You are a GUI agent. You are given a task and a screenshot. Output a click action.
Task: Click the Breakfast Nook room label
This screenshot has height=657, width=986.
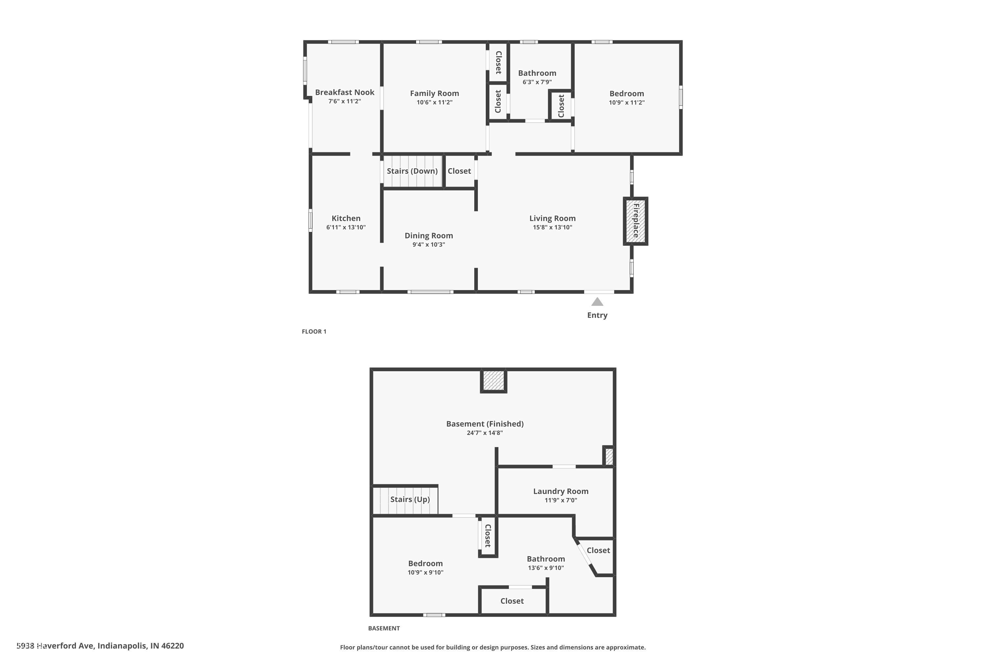coord(344,92)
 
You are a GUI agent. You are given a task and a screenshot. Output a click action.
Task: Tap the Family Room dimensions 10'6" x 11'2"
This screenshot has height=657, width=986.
coord(434,102)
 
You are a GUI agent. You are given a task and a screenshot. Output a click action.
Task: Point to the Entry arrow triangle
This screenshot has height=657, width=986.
coord(597,302)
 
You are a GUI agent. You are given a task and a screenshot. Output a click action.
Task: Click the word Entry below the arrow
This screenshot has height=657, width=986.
coord(597,315)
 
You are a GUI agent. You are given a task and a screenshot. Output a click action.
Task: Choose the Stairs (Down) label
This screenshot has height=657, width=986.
coord(412,171)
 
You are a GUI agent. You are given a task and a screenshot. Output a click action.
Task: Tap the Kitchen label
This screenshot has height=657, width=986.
coord(346,218)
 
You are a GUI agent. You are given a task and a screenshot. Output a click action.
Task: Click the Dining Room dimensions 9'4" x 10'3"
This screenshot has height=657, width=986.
coord(429,245)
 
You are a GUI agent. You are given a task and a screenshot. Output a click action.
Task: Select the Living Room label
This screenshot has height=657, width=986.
coord(552,218)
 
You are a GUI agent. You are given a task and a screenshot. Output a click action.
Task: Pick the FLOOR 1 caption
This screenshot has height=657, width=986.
coord(314,331)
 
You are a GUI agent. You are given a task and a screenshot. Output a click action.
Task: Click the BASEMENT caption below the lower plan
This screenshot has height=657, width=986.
coord(384,628)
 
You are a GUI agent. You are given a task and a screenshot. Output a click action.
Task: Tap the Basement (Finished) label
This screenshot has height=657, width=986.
coord(484,424)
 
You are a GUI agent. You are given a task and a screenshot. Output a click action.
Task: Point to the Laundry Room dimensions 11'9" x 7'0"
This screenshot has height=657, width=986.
coord(560,500)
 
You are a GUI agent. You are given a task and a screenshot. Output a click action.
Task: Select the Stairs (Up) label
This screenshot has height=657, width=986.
coord(410,499)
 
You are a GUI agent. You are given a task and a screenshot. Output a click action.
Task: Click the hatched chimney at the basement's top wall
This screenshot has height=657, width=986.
coord(493,380)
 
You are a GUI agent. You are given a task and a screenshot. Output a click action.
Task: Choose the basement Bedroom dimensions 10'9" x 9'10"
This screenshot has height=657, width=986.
coord(425,572)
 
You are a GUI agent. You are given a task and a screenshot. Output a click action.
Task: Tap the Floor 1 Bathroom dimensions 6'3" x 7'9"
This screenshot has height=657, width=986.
coord(537,82)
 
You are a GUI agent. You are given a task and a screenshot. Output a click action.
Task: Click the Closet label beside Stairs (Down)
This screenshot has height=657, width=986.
coord(459,171)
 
